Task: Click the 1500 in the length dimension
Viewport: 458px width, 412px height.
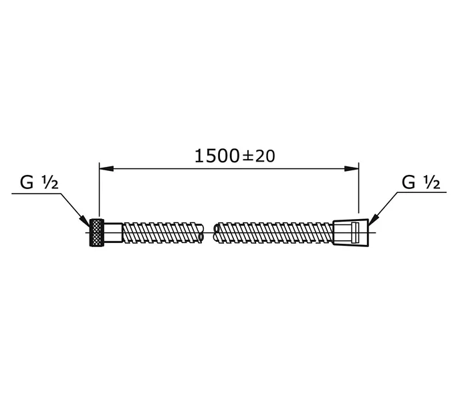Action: (217, 156)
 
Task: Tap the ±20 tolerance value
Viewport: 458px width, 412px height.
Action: (259, 156)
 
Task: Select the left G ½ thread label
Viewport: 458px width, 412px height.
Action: (39, 183)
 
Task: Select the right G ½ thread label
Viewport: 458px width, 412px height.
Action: (421, 183)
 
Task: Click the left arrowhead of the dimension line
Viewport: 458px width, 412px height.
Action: (106, 169)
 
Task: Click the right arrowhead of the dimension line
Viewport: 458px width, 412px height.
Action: (352, 169)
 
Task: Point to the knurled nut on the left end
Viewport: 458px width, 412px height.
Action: (97, 232)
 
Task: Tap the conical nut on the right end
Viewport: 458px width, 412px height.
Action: (350, 232)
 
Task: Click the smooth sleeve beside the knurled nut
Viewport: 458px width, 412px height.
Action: (114, 232)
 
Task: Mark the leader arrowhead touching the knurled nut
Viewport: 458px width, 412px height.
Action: (86, 222)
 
